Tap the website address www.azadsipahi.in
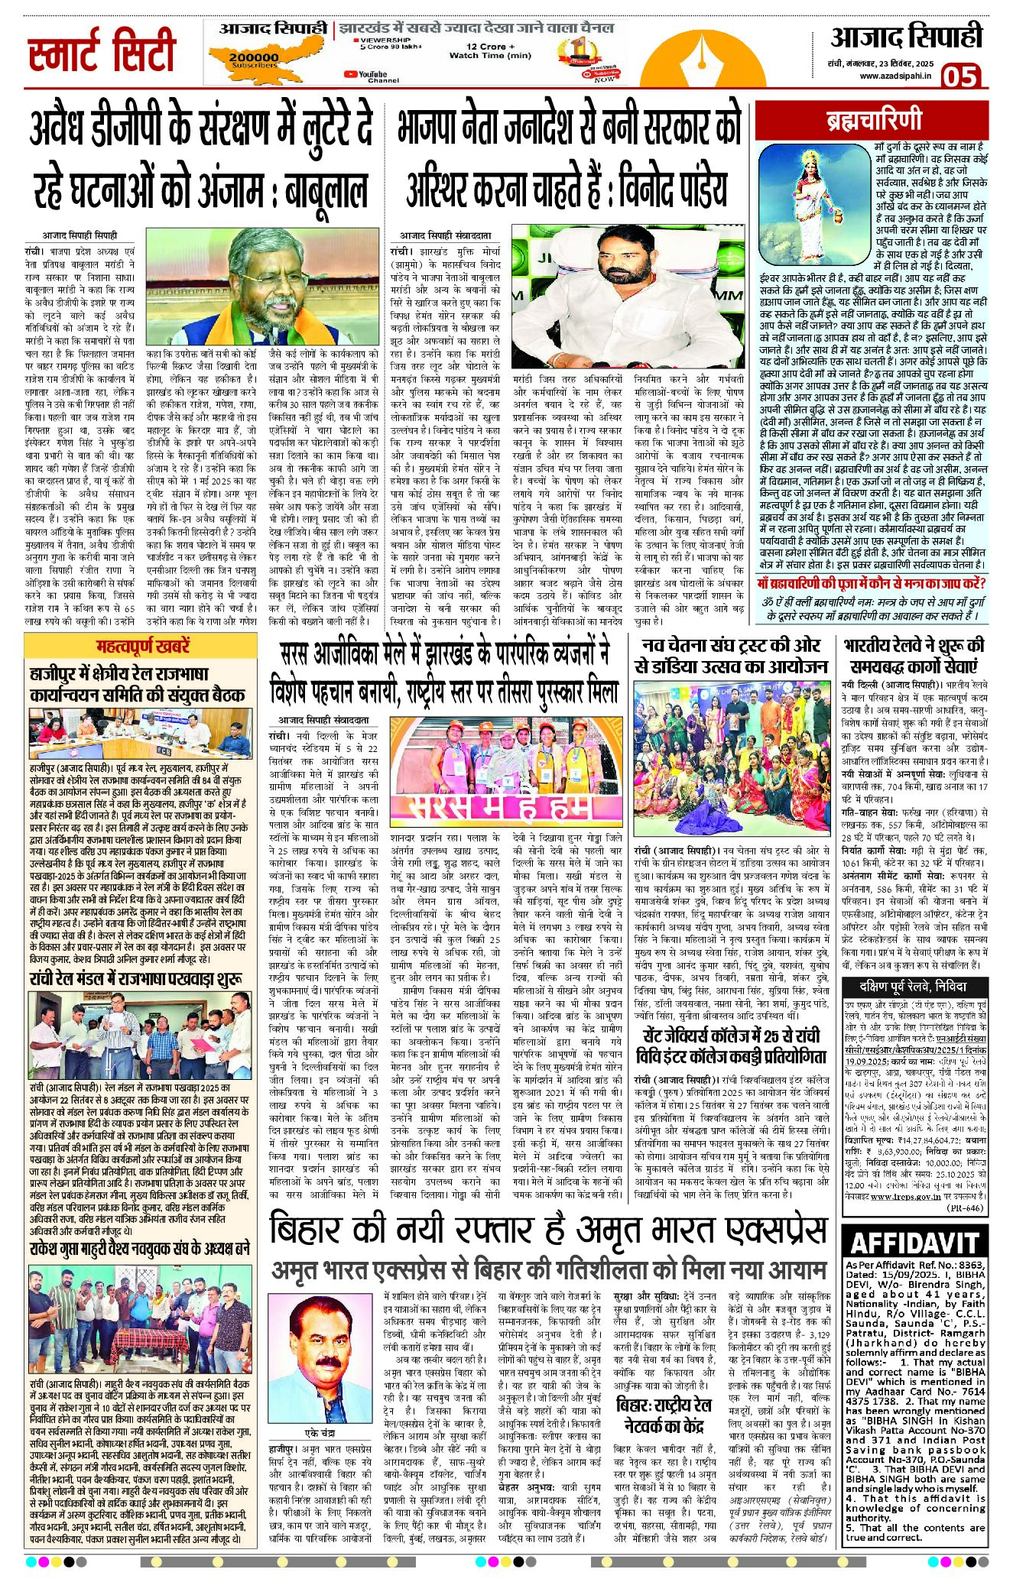click(x=895, y=76)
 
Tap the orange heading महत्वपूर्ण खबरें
click(x=143, y=647)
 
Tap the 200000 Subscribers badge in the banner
click(x=254, y=60)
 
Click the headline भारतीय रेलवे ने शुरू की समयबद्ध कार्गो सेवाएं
click(x=914, y=655)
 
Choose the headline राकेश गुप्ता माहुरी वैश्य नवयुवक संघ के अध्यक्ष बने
click(x=140, y=1248)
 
